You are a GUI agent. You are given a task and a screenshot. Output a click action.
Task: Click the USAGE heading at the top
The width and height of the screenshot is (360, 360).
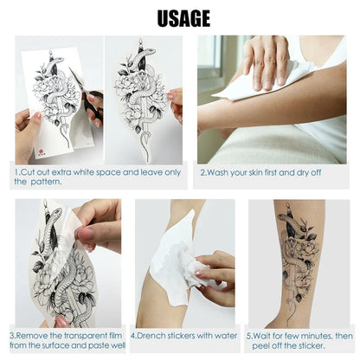(x=182, y=16)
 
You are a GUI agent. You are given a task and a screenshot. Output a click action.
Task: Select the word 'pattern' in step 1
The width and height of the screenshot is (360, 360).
(x=53, y=182)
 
